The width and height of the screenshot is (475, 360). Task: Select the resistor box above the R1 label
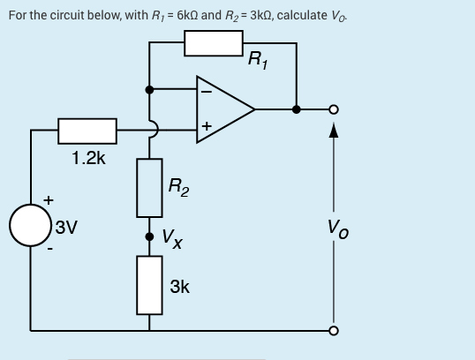214,42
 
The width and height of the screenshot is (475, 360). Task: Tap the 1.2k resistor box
87,131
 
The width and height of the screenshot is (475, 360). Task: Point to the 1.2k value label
88,159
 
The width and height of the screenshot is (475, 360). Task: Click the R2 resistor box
148,187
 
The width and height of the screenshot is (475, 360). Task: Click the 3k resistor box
148,285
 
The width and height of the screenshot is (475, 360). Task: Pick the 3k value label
179,288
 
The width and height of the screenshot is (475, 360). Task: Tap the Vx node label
173,238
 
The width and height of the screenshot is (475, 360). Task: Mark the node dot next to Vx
148,236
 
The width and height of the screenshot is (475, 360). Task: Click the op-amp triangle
224,109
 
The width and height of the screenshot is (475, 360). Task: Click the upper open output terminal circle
334,109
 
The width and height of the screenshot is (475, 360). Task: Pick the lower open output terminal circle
334,331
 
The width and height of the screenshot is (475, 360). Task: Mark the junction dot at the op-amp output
297,109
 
